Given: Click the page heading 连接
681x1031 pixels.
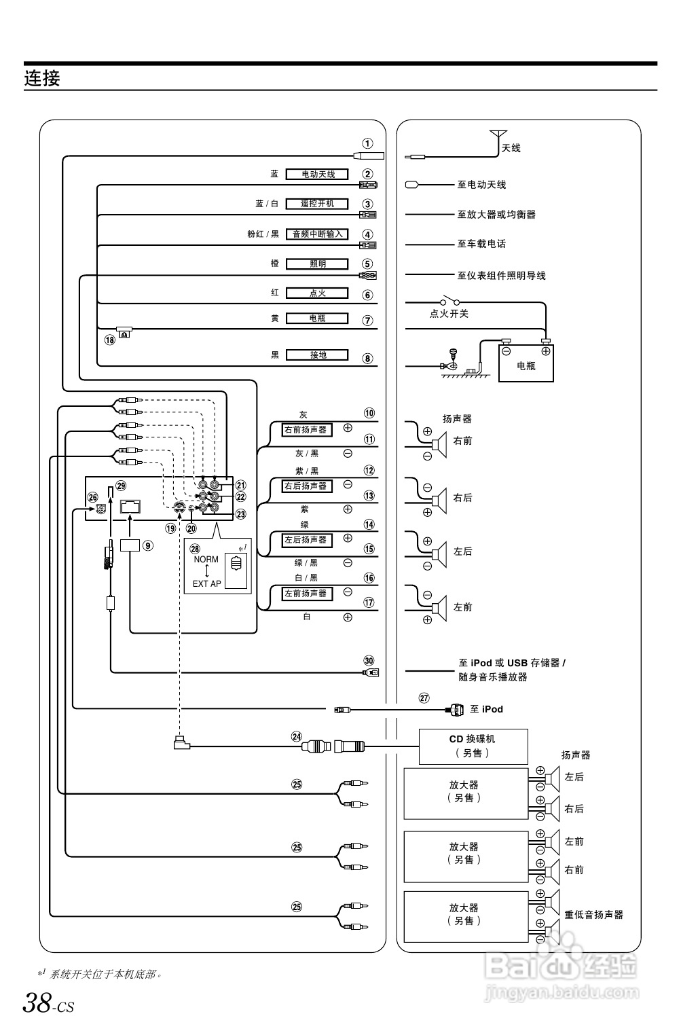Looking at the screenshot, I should tap(42, 79).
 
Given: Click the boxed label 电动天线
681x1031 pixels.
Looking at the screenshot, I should tap(317, 175).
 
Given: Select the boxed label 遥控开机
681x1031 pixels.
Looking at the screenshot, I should tap(317, 204).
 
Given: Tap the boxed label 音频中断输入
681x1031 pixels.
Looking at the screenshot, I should tap(317, 234).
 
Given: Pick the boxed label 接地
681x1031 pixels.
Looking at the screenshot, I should tap(317, 355).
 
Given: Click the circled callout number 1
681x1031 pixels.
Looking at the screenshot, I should tap(367, 143).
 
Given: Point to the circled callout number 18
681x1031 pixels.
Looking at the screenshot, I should tap(110, 340).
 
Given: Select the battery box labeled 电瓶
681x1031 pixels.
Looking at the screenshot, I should tap(526, 363).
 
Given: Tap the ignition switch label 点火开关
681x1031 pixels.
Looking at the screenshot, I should tap(449, 314).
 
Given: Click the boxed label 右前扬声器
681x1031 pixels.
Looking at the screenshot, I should tap(306, 430).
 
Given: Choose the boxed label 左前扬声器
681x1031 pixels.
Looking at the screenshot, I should tap(306, 594).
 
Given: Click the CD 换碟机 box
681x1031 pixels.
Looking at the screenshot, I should tap(473, 746).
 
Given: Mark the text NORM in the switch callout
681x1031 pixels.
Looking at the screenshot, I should tap(206, 560).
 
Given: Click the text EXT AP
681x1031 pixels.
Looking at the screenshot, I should tap(206, 583).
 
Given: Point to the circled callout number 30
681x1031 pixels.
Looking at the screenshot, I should tap(369, 660).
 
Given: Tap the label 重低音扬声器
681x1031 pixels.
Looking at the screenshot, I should tap(593, 915).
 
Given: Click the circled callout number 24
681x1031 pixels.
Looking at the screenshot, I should tap(296, 736).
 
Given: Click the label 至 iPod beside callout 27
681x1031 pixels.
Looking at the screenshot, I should tap(486, 709).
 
